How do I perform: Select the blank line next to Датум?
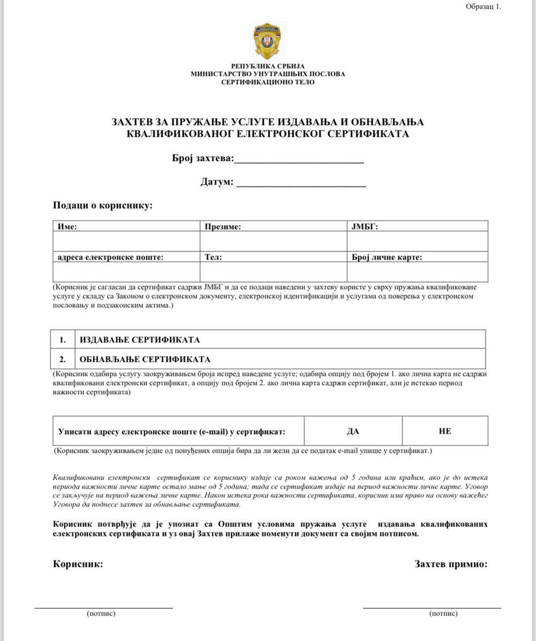pos(301,184)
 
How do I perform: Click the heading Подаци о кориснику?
pos(103,205)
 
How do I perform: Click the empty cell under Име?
pos(126,241)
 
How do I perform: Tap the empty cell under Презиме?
pos(273,241)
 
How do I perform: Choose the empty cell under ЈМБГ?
pos(418,241)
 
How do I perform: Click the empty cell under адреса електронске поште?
pos(126,272)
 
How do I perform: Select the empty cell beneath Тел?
pos(273,272)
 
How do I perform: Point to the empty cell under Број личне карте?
pos(418,272)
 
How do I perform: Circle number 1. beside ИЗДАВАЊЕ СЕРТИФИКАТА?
pos(63,340)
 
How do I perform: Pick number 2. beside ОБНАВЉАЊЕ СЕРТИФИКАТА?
pos(63,359)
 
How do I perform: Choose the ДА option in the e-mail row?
pos(353,431)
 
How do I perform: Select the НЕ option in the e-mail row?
pos(444,431)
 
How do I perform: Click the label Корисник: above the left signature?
pos(78,564)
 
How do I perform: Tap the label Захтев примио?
pos(451,564)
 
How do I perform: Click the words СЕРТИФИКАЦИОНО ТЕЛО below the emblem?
pos(268,82)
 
